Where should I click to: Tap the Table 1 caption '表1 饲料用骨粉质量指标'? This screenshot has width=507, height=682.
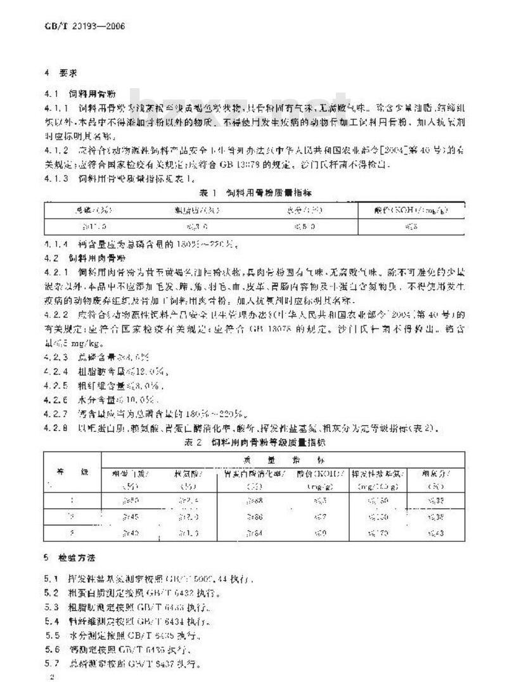tap(253, 191)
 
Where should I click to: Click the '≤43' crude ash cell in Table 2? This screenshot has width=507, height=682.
tap(435, 533)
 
